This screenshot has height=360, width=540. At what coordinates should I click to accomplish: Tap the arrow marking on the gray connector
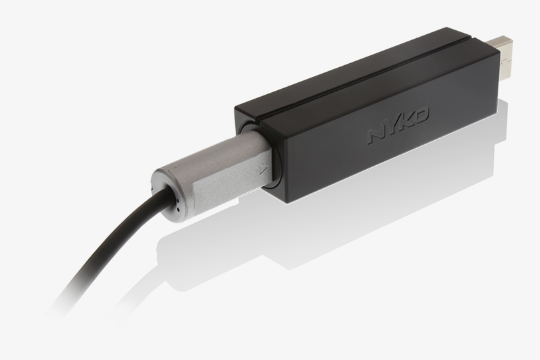[263, 169]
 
